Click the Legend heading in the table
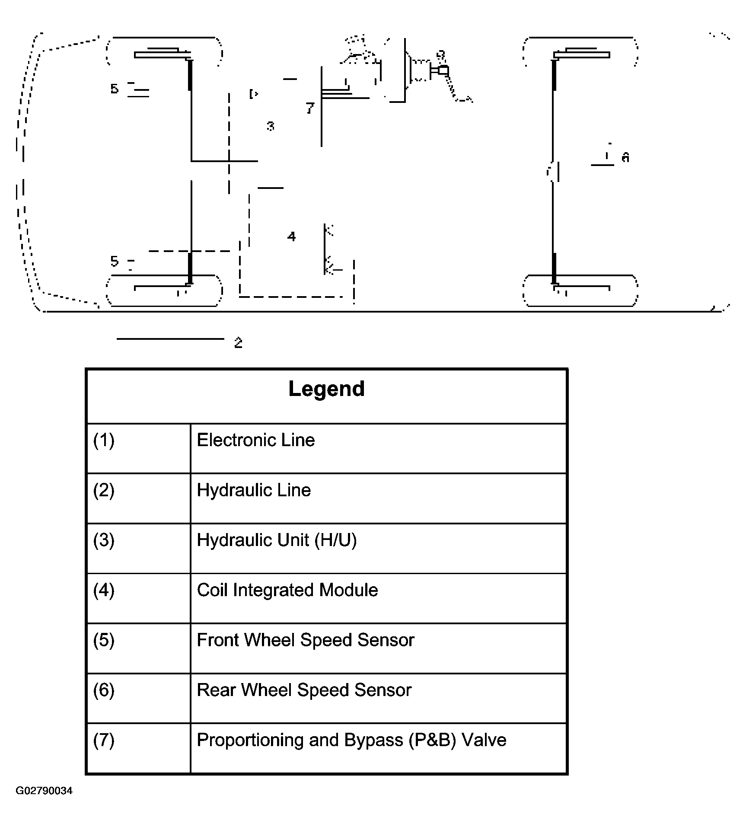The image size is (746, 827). tap(326, 389)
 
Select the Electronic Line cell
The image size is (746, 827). tap(255, 440)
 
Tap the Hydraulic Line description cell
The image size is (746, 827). tap(254, 490)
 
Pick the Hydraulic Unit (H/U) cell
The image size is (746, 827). tap(277, 540)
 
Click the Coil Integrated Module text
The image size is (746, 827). tap(287, 590)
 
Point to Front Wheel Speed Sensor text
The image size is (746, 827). tap(305, 640)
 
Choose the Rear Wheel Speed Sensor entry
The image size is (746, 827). tap(304, 690)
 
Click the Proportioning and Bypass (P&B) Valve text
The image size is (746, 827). tap(351, 740)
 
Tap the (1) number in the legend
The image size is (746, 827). tap(104, 441)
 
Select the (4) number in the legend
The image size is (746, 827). tap(104, 591)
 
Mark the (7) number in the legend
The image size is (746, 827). tap(104, 741)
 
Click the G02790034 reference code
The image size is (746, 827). tap(44, 791)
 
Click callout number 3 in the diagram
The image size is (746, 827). tap(271, 126)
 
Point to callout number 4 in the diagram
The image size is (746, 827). tap(292, 236)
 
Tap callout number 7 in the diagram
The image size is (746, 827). tap(310, 108)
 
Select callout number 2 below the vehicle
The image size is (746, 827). tap(238, 343)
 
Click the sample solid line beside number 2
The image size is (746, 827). tap(170, 339)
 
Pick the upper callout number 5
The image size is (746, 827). tap(114, 89)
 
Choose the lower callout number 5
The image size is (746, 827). tap(114, 261)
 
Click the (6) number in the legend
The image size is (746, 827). tap(104, 690)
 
